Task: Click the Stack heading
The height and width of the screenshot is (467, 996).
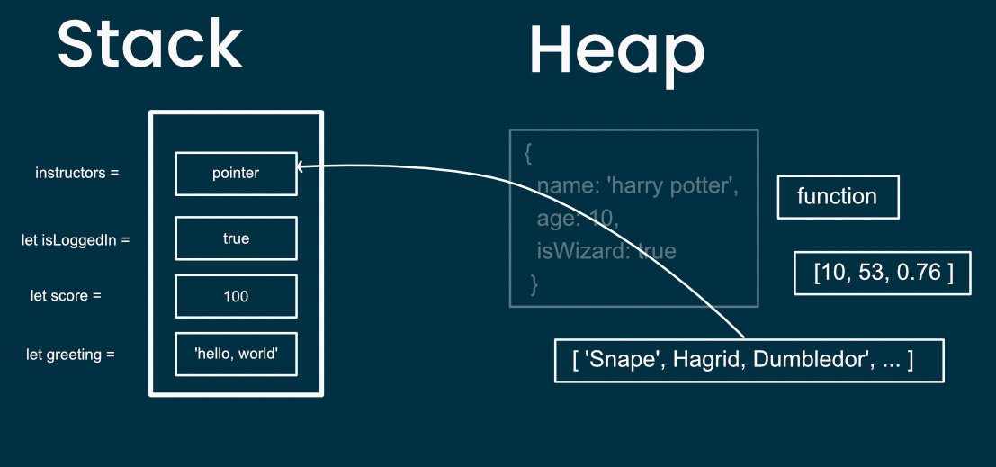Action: point(150,45)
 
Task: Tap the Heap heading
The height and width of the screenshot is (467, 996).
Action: point(616,50)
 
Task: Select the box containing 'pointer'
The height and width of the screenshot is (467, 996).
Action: point(236,173)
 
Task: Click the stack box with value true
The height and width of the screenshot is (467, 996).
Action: point(236,238)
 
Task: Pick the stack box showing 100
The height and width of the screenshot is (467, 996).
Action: point(236,296)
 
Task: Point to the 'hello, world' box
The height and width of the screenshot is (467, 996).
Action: point(236,355)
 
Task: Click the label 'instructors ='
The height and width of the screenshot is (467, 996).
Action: point(76,173)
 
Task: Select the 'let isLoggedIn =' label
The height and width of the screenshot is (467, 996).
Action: point(76,240)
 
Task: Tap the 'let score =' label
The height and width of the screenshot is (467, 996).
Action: point(65,296)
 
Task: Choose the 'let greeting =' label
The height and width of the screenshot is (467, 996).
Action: point(70,355)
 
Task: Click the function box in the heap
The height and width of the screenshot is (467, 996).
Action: point(838,196)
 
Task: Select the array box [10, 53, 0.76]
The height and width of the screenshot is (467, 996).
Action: point(883,273)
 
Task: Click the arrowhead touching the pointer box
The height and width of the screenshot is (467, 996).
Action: point(301,166)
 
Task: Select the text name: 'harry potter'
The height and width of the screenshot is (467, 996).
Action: point(637,186)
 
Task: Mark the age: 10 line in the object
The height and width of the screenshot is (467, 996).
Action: point(578,219)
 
